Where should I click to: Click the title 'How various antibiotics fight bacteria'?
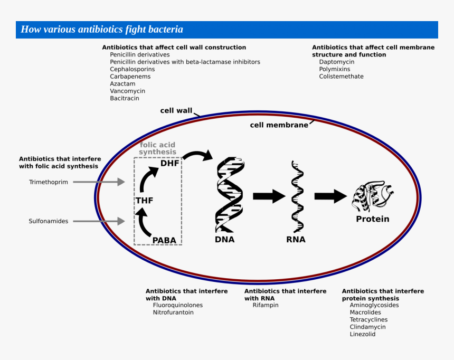pos(102,30)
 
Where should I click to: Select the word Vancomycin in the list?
pos(127,91)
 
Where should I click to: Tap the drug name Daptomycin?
pos(336,62)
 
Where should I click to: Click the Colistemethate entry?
pos(341,77)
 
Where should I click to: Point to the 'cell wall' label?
pos(176,110)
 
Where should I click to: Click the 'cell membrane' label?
pos(279,125)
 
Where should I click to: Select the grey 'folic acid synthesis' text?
pos(157,148)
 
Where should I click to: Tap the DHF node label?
pos(170,163)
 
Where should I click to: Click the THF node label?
pos(144,201)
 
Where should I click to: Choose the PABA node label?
pos(164,240)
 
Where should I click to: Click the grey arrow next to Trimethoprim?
pos(99,182)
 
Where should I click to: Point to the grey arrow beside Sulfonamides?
pos(99,221)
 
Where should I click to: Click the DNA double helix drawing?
pos(230,194)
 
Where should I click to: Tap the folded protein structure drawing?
pos(373,196)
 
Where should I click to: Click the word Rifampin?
pos(265,305)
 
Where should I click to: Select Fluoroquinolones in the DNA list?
pos(177,305)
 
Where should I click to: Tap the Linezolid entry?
pos(362,334)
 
